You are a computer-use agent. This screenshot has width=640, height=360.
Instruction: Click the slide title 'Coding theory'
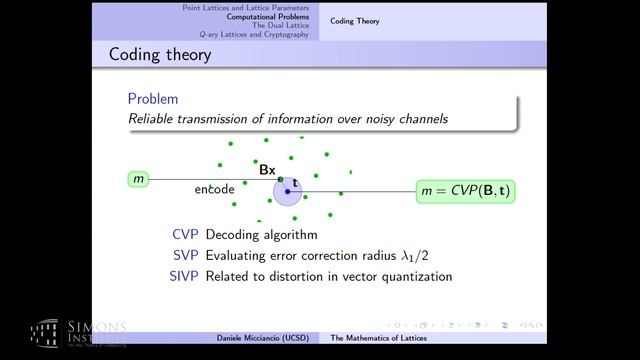pyautogui.click(x=160, y=53)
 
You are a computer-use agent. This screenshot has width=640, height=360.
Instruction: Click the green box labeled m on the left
pyautogui.click(x=138, y=179)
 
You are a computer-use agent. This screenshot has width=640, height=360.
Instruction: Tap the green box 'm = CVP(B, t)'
pyautogui.click(x=465, y=190)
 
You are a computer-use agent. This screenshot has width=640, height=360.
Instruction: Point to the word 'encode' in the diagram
pyautogui.click(x=215, y=189)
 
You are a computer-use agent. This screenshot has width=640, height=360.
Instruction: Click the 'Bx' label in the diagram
pyautogui.click(x=267, y=170)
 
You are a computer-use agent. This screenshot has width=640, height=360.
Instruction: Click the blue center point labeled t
pyautogui.click(x=287, y=190)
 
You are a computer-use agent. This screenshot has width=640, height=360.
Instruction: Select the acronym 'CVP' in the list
pyautogui.click(x=185, y=235)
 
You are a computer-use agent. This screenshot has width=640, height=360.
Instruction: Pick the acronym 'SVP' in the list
pyautogui.click(x=185, y=255)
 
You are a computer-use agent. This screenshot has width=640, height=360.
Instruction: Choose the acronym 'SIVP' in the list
pyautogui.click(x=182, y=275)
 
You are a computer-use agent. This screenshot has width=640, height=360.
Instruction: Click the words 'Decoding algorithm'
pyautogui.click(x=261, y=235)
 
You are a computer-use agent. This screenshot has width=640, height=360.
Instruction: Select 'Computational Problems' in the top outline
pyautogui.click(x=267, y=16)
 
